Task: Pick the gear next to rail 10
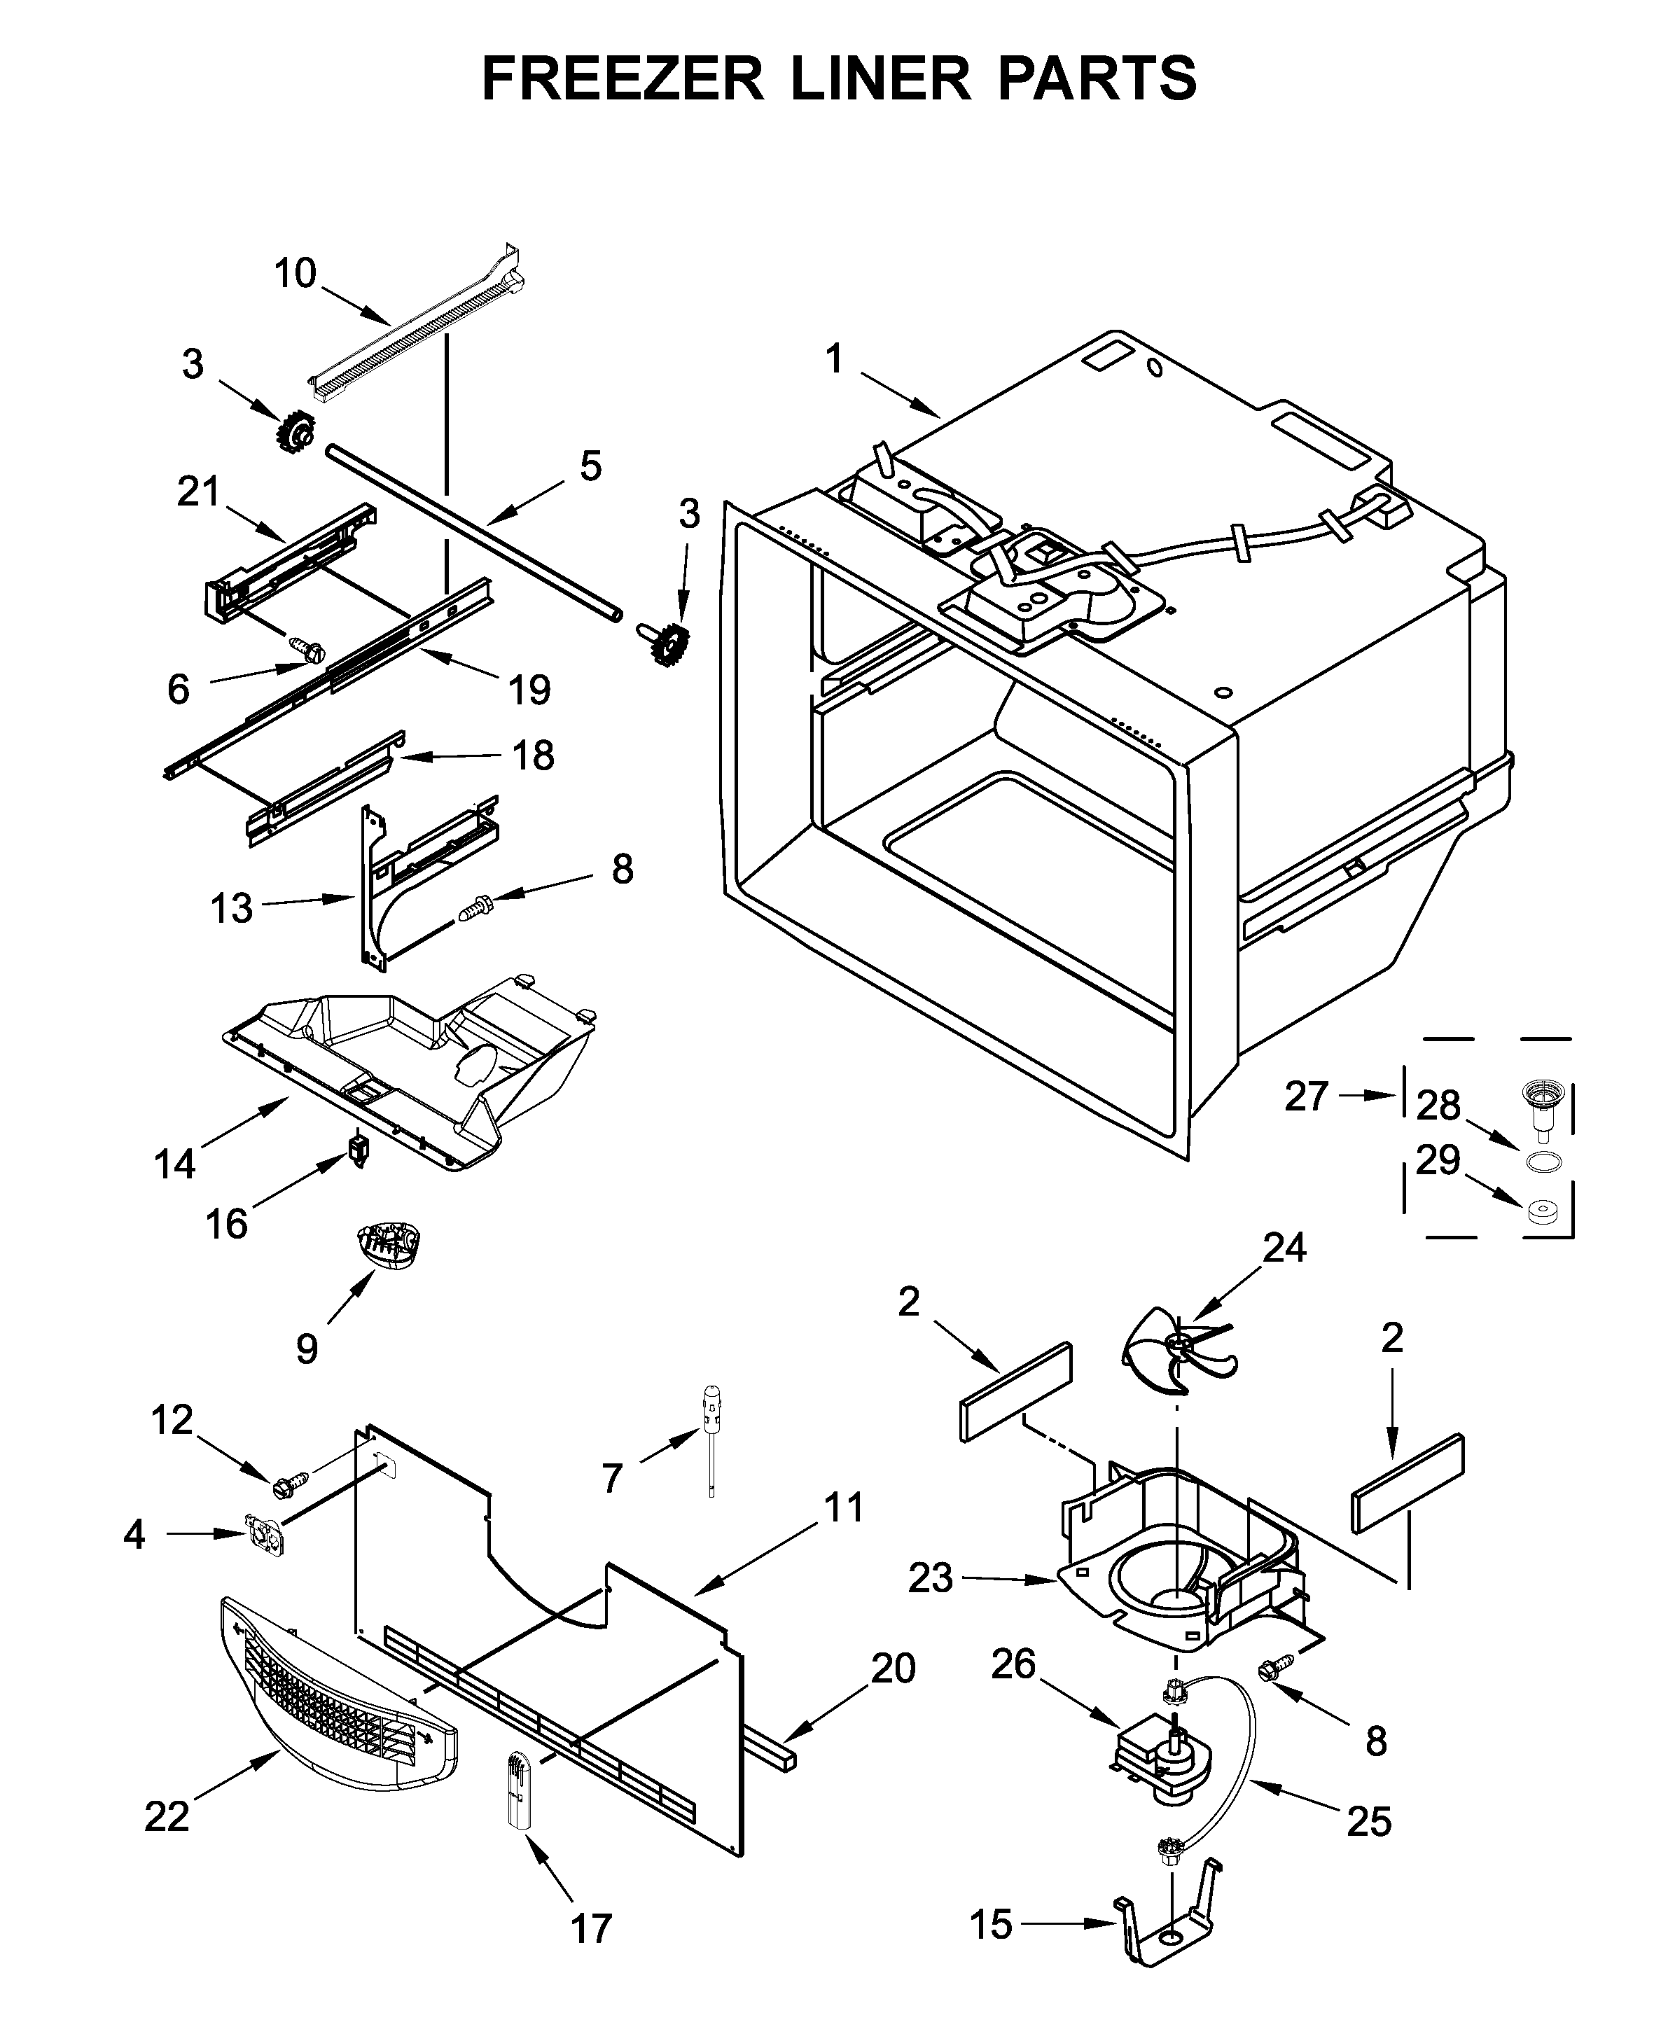click(297, 431)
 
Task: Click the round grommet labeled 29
click(1543, 1212)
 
